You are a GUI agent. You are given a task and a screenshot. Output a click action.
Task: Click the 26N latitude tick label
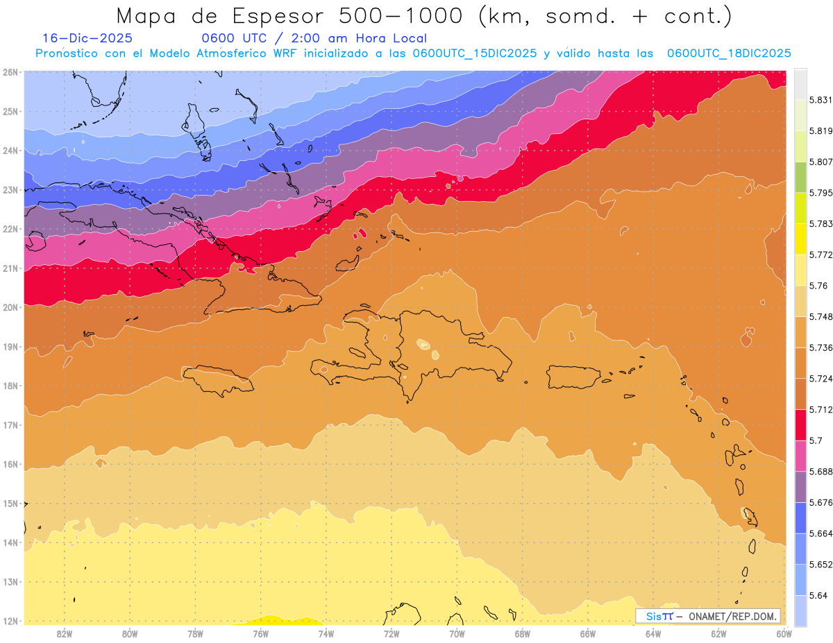click(x=10, y=71)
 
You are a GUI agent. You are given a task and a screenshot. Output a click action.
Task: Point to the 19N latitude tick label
click(x=10, y=347)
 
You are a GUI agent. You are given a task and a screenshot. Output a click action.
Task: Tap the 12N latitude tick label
click(x=10, y=621)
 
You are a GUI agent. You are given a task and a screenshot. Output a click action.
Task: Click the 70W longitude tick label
click(x=457, y=633)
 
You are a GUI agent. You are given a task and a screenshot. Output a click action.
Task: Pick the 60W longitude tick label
click(x=784, y=633)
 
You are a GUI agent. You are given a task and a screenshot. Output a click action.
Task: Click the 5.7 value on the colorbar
click(x=815, y=440)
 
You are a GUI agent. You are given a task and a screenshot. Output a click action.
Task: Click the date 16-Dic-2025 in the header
click(x=87, y=39)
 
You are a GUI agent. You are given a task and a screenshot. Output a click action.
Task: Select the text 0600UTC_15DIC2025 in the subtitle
click(x=474, y=53)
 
